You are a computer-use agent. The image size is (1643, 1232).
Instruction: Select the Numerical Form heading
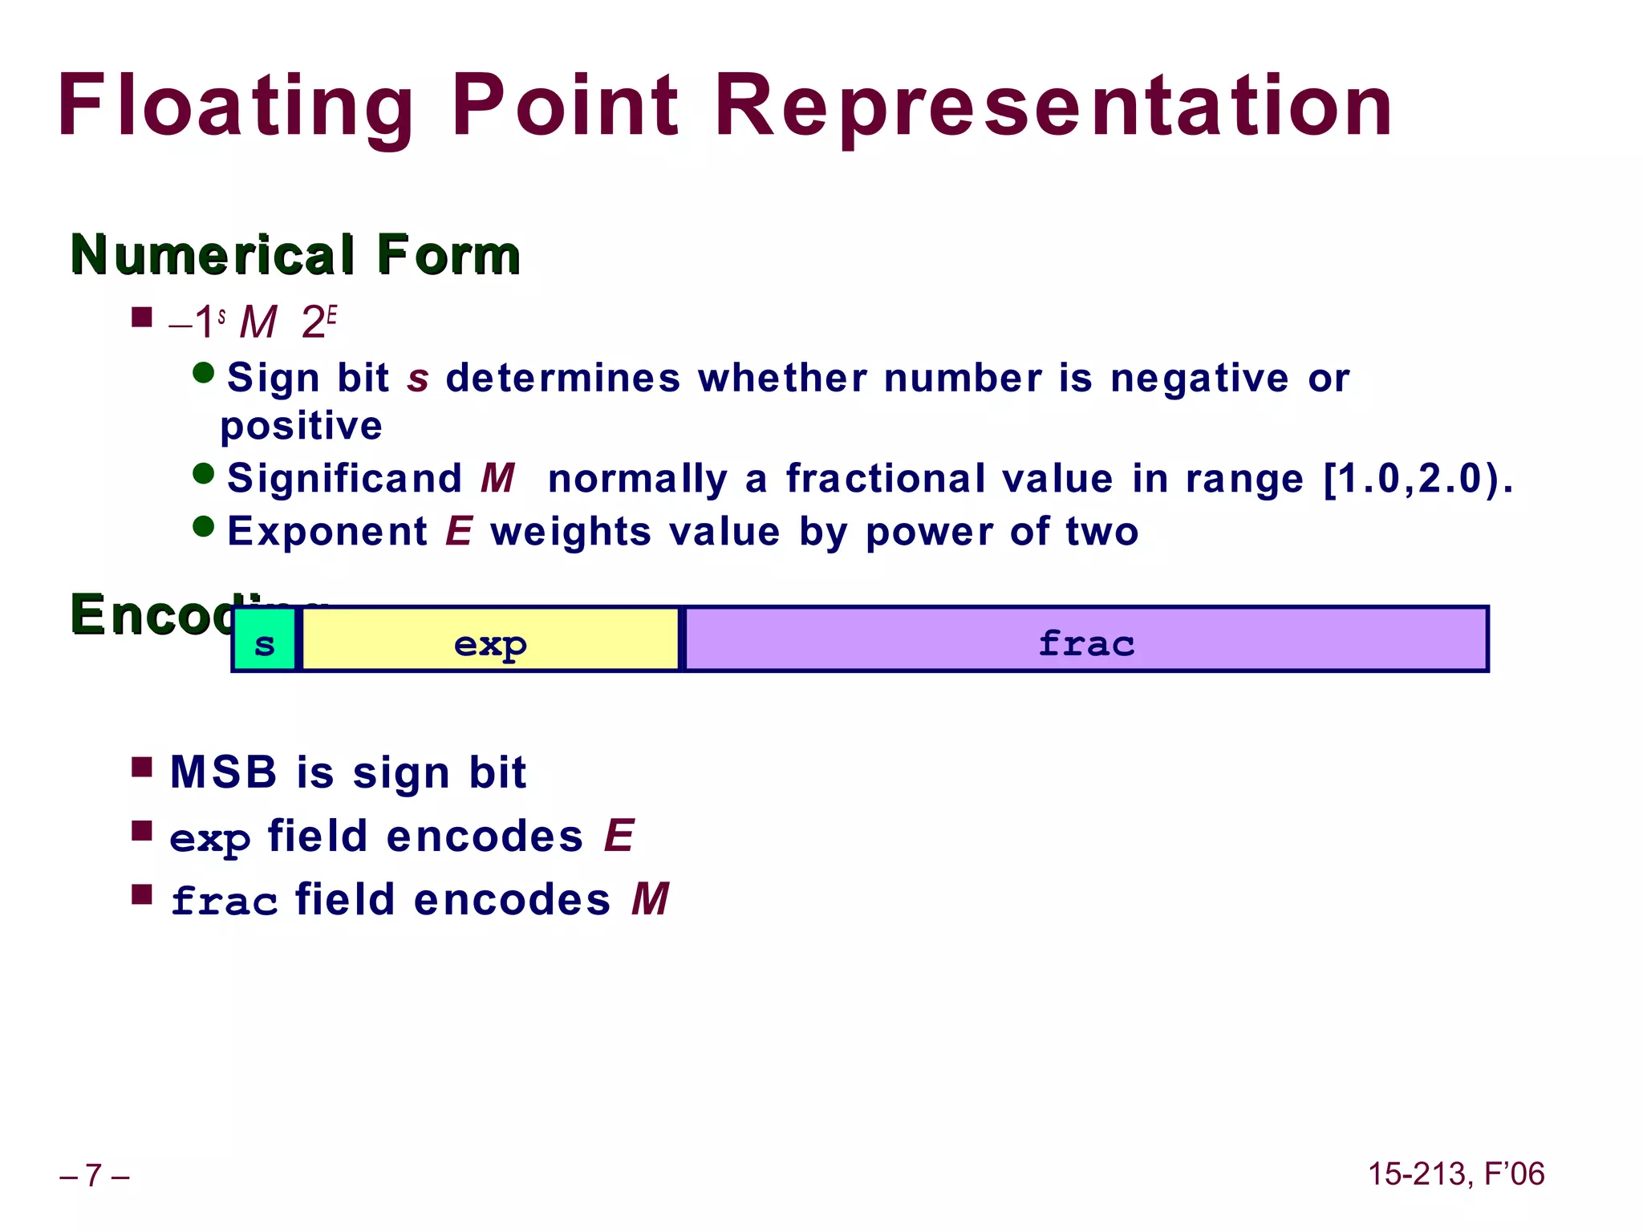[295, 254]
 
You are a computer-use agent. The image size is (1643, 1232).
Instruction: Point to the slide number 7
[94, 1175]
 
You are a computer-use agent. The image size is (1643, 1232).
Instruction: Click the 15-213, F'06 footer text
[1455, 1173]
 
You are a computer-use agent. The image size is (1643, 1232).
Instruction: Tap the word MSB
[224, 773]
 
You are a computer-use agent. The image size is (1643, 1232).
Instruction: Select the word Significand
[345, 479]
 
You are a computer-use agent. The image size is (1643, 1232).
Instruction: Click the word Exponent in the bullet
[327, 532]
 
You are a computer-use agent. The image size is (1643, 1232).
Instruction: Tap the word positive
[302, 426]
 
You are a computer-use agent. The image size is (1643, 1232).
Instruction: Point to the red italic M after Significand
[497, 479]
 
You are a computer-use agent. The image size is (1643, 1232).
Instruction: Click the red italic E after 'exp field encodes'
[619, 837]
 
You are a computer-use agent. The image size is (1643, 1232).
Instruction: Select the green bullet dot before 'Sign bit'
[204, 373]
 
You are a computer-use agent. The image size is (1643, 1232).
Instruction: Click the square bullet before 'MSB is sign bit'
[142, 768]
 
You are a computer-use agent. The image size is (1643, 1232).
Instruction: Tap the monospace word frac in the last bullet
[224, 902]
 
